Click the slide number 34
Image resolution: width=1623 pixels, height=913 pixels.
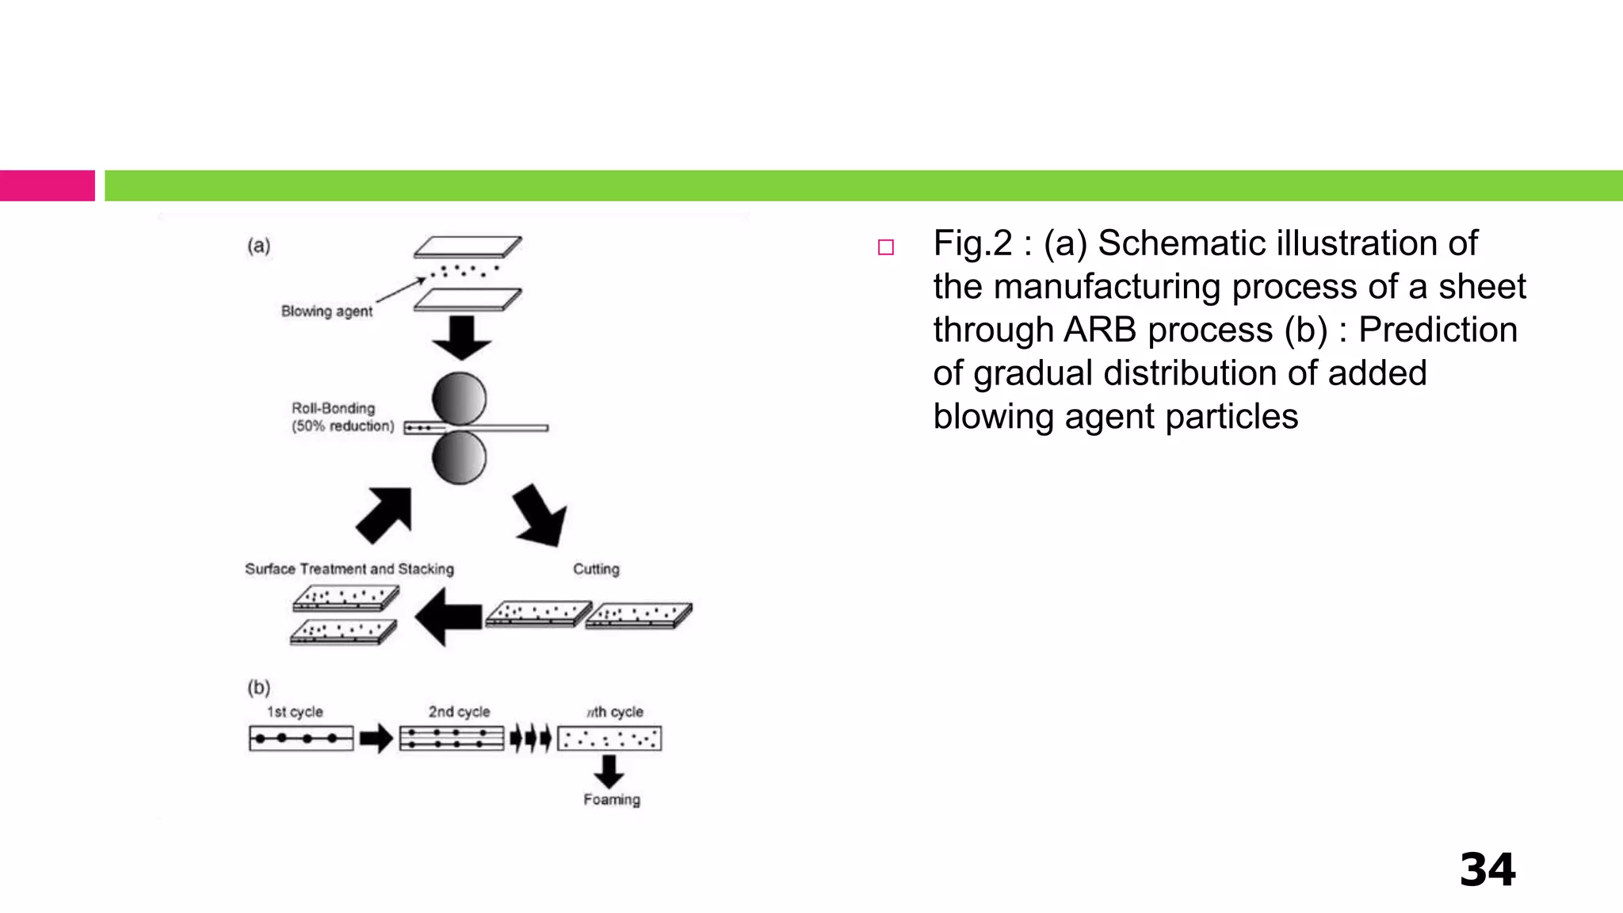click(x=1487, y=870)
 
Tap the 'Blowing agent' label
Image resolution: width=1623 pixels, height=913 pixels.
click(x=327, y=311)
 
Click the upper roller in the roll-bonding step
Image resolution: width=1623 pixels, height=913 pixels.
click(x=459, y=398)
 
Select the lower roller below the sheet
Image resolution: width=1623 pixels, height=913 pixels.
click(x=459, y=458)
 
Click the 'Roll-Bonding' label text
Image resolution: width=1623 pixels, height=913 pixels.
click(x=333, y=408)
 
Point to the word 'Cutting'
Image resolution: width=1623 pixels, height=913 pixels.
click(x=596, y=569)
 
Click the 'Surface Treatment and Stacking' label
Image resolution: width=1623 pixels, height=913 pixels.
click(x=349, y=569)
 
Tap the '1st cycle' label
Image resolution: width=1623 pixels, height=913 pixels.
click(x=295, y=712)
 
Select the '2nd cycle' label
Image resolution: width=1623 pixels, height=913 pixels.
click(x=459, y=712)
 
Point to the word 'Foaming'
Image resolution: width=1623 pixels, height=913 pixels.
click(x=612, y=800)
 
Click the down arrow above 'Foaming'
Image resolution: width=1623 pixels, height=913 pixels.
click(x=609, y=770)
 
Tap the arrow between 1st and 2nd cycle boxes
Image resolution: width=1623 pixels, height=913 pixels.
click(x=376, y=739)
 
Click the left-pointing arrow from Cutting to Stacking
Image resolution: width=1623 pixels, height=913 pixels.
click(x=449, y=617)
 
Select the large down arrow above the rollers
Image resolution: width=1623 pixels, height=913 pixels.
click(x=462, y=337)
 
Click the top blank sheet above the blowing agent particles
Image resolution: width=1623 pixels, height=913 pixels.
click(x=468, y=246)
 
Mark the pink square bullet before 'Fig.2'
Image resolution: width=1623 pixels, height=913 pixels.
click(x=886, y=247)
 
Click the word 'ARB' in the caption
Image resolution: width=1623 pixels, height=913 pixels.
click(x=1099, y=330)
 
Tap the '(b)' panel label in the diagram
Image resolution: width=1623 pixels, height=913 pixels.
click(x=258, y=686)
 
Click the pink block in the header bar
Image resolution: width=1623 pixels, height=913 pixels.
click(x=48, y=185)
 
